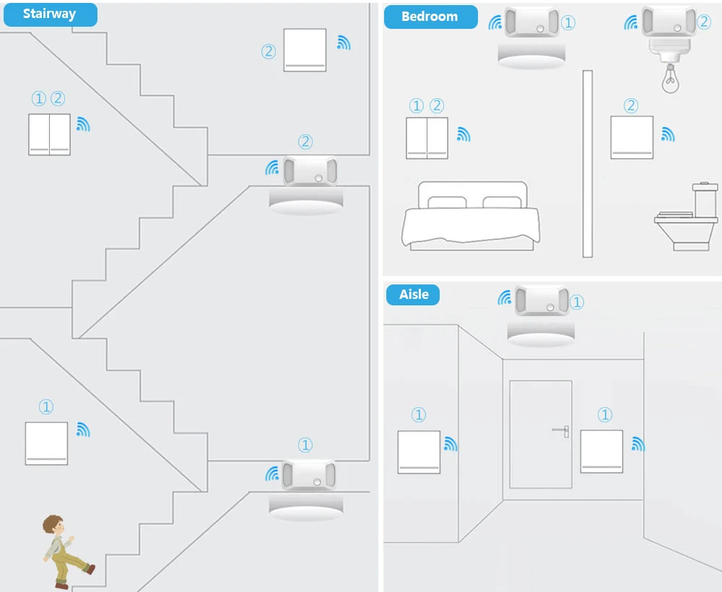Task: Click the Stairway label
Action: coord(49,14)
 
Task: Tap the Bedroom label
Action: coord(430,17)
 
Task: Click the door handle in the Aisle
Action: coord(562,431)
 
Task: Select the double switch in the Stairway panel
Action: coord(50,134)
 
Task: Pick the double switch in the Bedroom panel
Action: coord(427,138)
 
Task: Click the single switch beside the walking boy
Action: coord(46,443)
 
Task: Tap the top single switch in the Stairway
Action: coord(305,50)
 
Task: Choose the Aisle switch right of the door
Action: coord(601,451)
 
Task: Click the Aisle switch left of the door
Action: coord(419,452)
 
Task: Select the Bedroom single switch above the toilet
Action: coord(632,137)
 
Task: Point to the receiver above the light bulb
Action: coord(669,21)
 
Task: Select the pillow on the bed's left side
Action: coord(448,202)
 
